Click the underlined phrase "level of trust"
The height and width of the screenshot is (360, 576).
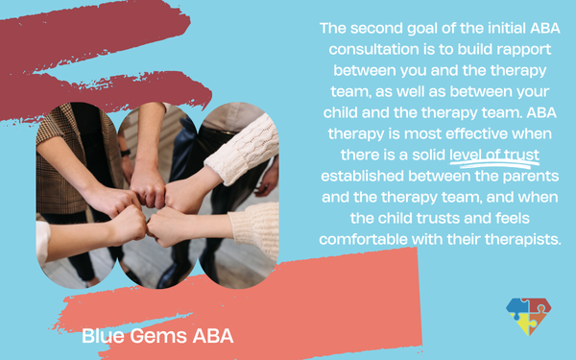tap(494, 155)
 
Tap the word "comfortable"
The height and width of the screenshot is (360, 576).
tap(363, 239)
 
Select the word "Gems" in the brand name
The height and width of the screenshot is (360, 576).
tap(158, 336)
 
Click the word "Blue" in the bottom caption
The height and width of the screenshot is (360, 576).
tap(104, 336)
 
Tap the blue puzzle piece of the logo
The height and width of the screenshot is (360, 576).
tap(517, 307)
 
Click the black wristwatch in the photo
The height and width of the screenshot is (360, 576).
tap(125, 153)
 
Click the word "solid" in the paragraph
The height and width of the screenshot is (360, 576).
tap(429, 155)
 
